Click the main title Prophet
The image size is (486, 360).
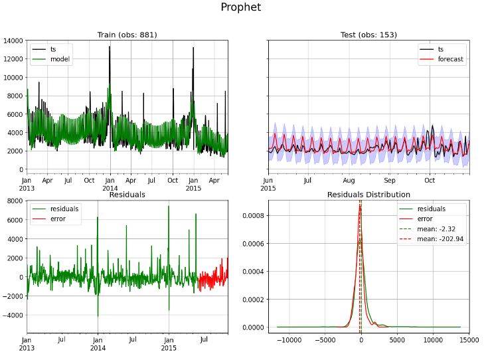[241, 8]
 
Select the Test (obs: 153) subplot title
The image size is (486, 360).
[368, 35]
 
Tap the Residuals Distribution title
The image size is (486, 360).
[368, 195]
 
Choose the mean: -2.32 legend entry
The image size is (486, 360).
[446, 228]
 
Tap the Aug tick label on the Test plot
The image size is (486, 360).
[349, 180]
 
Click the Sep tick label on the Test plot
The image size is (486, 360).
[389, 180]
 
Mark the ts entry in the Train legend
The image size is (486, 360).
[54, 49]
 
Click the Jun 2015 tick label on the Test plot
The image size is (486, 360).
[268, 184]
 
